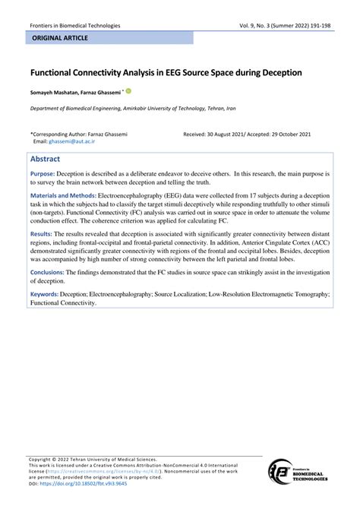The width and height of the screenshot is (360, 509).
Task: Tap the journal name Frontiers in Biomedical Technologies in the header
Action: pos(75,25)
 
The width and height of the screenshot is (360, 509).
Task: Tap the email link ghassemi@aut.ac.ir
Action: pos(58,141)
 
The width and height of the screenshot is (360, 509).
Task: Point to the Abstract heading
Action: pos(47,160)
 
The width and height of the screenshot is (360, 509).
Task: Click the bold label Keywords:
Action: pos(47,292)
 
